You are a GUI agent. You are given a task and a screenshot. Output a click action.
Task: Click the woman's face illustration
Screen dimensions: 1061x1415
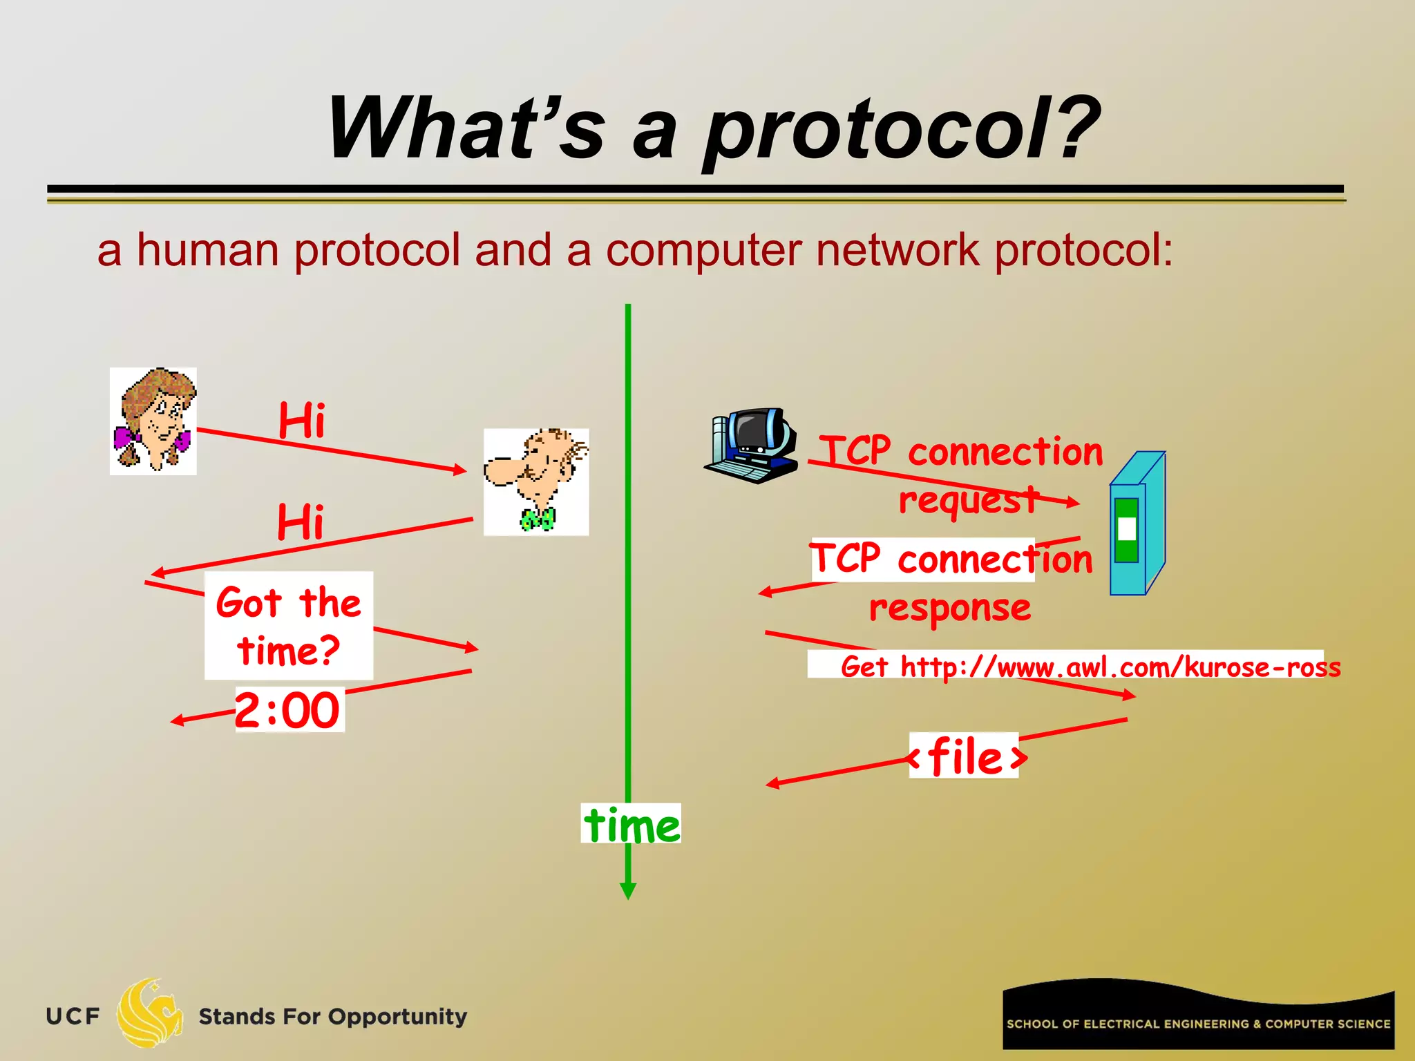[153, 421]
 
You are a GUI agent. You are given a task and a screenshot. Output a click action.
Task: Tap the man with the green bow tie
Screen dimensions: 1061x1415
[536, 481]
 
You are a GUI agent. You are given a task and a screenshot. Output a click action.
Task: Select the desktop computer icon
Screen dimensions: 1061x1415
[752, 446]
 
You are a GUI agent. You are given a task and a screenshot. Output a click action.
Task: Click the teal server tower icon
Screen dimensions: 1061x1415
[1137, 524]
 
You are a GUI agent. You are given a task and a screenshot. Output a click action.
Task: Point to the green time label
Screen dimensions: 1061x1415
[631, 825]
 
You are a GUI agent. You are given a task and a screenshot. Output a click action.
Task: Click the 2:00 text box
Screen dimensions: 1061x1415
[289, 710]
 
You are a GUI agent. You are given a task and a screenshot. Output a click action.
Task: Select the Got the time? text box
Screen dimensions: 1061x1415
[289, 626]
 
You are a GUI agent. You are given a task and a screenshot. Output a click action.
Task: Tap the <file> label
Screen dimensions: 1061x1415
[965, 756]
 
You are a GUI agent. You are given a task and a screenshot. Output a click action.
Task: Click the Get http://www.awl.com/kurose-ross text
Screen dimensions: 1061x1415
[1090, 667]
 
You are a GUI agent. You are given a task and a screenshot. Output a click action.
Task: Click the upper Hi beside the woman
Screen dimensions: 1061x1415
[301, 420]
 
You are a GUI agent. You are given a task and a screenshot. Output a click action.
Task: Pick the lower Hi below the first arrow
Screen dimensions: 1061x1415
[300, 522]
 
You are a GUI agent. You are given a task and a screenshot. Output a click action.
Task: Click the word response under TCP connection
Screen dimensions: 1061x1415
[950, 608]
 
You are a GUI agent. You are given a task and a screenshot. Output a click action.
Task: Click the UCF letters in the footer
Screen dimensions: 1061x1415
[73, 1016]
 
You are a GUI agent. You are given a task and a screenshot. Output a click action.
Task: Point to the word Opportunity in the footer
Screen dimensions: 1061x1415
[397, 1017]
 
